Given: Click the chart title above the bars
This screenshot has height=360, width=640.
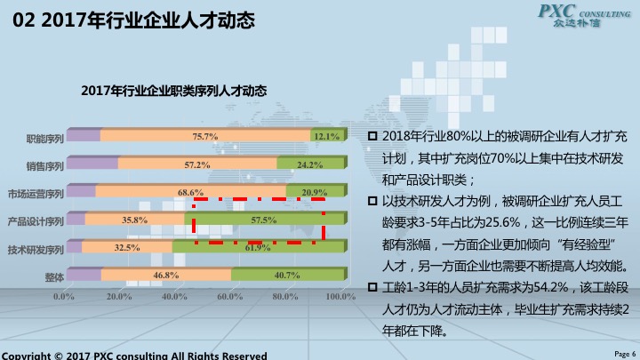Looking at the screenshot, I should (x=173, y=91).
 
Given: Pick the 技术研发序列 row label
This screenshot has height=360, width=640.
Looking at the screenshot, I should (x=36, y=249).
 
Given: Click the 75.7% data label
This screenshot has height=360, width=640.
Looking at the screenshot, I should (x=205, y=137).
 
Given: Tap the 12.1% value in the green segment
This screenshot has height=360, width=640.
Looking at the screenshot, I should (x=326, y=137).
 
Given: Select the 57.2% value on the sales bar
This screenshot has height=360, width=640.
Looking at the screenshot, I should (x=197, y=164).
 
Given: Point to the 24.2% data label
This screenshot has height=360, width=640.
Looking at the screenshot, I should (x=309, y=164).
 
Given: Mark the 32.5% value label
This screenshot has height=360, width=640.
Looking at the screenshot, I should (x=127, y=248).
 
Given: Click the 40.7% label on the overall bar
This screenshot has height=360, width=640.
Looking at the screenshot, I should (x=286, y=276).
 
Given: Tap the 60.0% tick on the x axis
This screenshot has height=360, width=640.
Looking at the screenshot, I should (x=229, y=296).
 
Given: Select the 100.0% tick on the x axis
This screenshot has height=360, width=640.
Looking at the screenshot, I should (x=340, y=296).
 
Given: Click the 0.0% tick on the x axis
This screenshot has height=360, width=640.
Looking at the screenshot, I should (x=64, y=296).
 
